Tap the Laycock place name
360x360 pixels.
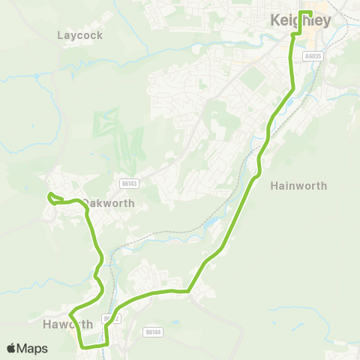coord(79,35)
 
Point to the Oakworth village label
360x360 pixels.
coord(109,203)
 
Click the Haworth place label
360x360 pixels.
coord(67,324)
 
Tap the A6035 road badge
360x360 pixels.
coord(313,55)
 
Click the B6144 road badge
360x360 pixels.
coord(152,331)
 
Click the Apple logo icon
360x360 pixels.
coord(11,348)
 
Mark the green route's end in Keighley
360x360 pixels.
coord(310,13)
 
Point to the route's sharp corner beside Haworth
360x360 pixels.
coord(70,313)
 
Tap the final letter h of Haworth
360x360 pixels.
coord(89,324)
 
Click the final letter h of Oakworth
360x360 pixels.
coord(131,203)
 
